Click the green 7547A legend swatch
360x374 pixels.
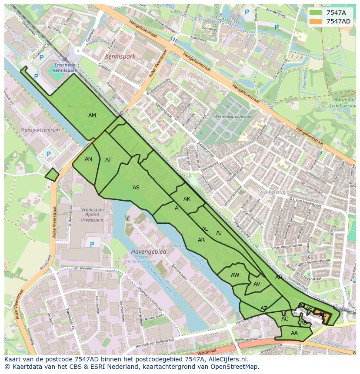pos(316,13)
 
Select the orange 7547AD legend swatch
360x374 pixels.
pos(316,21)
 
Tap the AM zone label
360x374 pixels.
pos(92,116)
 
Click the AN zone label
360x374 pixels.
pos(88,159)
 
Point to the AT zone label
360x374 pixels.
pos(108,160)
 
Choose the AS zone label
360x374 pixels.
pos(136,188)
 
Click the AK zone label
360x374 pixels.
pos(187,199)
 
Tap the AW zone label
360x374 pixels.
pos(235,275)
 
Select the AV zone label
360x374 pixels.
pos(257,284)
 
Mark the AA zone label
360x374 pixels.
pos(294,333)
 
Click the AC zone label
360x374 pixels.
pos(285,319)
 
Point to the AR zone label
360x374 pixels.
pos(201,240)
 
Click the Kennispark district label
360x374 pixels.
pos(120,56)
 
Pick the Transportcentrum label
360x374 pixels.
pos(40,130)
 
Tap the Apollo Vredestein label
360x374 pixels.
pos(92,215)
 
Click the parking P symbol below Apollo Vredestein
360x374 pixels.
pos(92,245)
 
